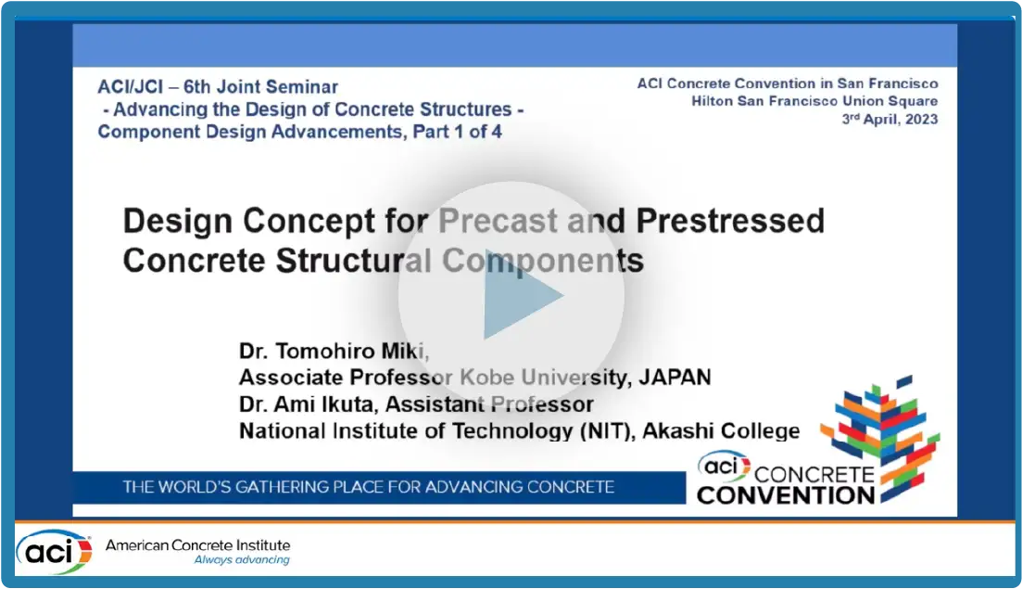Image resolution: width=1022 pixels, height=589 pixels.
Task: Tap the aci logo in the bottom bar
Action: point(55,551)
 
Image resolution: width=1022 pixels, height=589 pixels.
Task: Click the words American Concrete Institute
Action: point(198,544)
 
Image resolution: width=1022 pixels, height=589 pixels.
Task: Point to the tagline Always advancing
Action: point(242,559)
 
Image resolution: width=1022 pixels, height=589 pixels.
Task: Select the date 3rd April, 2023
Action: point(890,119)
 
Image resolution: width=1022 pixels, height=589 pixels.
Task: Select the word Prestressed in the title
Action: point(730,221)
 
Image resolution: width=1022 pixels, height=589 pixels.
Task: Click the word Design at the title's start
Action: point(177,222)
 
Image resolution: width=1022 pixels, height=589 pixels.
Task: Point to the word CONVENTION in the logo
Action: point(786,495)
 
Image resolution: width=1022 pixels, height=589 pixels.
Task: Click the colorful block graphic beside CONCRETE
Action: point(880,437)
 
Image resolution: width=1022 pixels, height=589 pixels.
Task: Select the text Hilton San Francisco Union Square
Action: point(814,101)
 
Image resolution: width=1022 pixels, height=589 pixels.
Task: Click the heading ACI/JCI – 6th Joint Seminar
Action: point(218,87)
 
